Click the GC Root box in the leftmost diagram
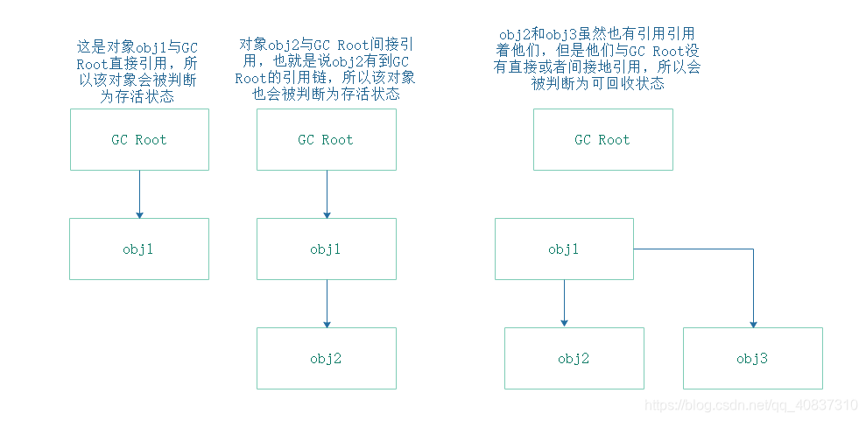coord(139,139)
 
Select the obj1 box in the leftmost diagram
coord(139,249)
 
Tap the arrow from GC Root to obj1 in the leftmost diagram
coord(139,193)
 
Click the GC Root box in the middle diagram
coord(326,139)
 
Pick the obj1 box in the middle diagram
coord(326,249)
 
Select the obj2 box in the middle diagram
coord(326,358)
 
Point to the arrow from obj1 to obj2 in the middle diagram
coord(327,303)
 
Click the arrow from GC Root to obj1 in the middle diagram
coord(327,193)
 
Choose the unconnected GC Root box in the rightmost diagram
coord(602,139)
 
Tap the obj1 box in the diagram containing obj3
coord(564,249)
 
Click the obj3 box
coord(752,358)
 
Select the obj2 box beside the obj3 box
coord(574,358)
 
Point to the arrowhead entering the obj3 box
coord(753,322)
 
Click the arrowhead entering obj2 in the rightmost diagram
coord(565,322)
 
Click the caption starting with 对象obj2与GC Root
coord(326,68)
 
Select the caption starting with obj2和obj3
coord(597,59)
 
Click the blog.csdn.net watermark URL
coord(750,406)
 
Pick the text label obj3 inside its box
coord(752,358)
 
